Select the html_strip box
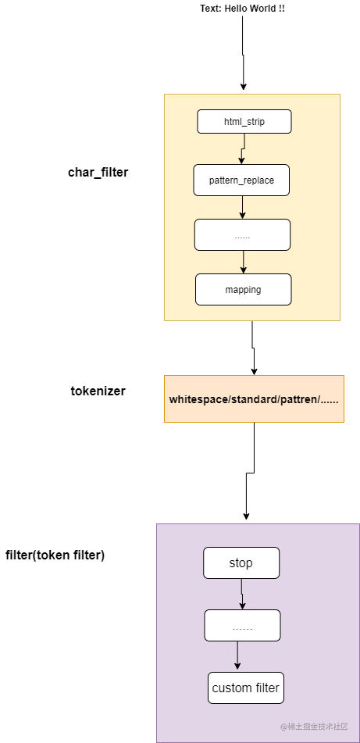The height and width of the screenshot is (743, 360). click(x=244, y=121)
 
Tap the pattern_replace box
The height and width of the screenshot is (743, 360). click(x=241, y=180)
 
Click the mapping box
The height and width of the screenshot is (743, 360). click(x=243, y=289)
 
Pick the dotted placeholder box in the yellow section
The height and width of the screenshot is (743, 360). click(x=242, y=234)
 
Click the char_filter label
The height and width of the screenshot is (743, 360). click(x=98, y=173)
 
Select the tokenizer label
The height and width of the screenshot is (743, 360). click(x=98, y=391)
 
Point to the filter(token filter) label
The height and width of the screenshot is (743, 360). click(x=55, y=555)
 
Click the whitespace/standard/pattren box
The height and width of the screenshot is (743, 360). click(x=254, y=399)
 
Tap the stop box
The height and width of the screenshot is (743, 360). click(x=241, y=563)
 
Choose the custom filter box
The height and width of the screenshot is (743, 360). click(x=246, y=688)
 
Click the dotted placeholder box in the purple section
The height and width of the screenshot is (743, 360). click(x=242, y=625)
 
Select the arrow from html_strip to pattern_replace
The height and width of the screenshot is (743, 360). click(x=244, y=148)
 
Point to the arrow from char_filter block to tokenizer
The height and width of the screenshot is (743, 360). click(x=253, y=348)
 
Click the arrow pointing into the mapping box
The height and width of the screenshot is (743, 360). click(x=243, y=262)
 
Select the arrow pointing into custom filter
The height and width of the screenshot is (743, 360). click(x=237, y=656)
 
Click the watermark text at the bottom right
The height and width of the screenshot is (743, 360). click(x=314, y=726)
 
